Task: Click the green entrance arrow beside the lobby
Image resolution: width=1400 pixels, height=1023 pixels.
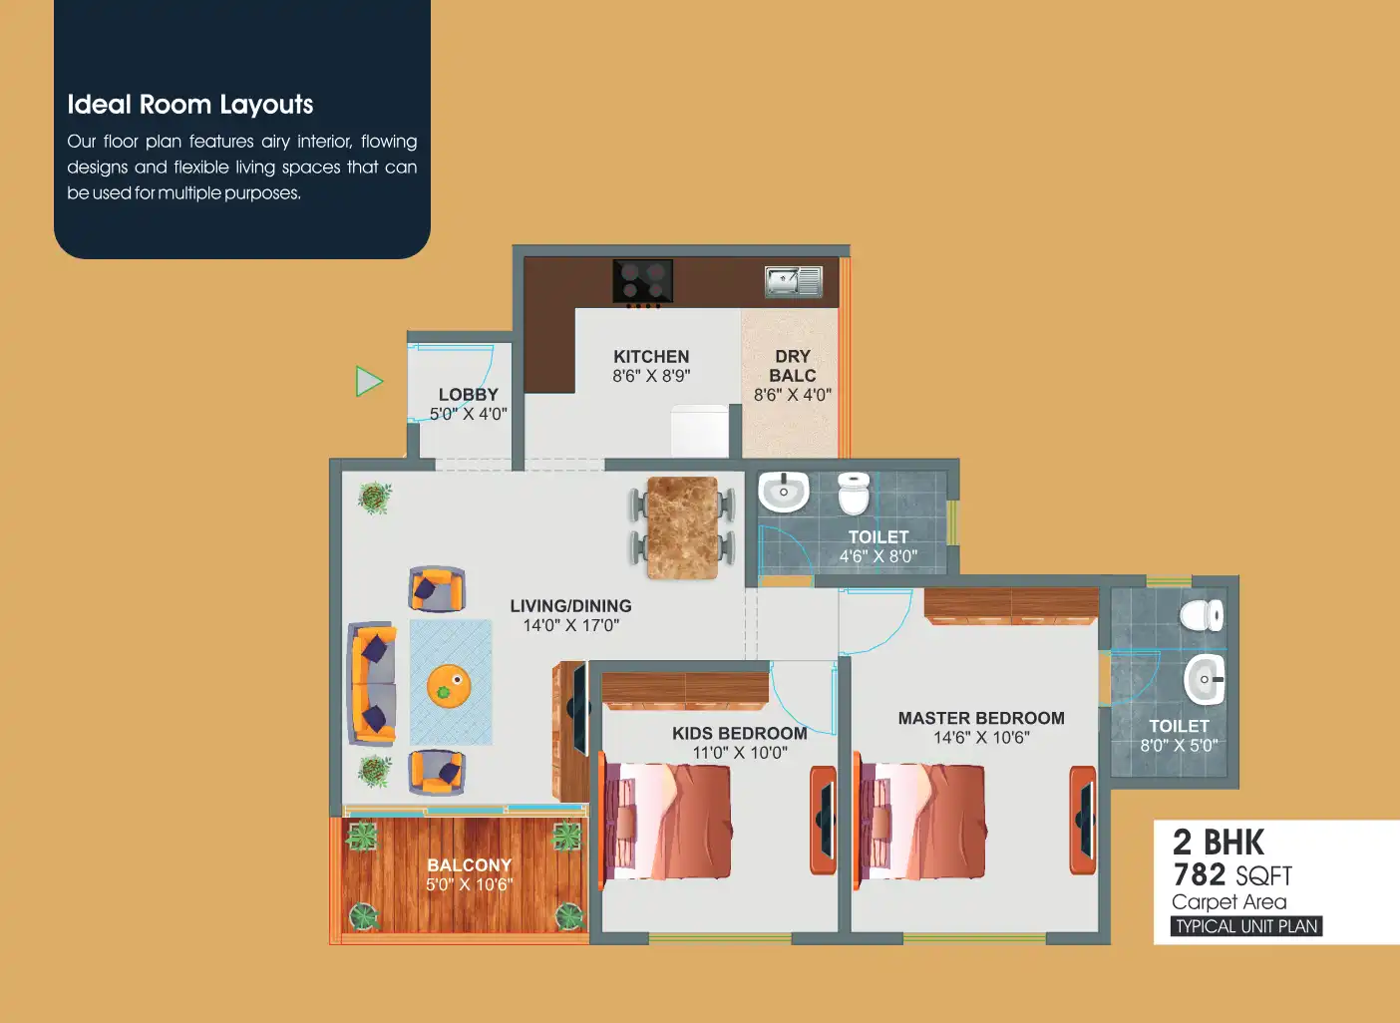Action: pos(368,381)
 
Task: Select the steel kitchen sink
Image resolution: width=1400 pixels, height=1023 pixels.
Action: pos(793,281)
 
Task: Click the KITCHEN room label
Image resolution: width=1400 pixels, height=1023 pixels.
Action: pos(651,356)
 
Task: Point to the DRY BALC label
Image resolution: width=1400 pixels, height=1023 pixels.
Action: pos(793,366)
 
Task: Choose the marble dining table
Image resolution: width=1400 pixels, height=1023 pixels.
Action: pos(682,527)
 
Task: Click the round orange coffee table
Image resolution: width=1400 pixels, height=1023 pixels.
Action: pos(449,686)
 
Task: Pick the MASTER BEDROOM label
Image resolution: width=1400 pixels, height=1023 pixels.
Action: pos(981,718)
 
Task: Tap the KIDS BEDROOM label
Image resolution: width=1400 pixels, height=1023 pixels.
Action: pos(739,733)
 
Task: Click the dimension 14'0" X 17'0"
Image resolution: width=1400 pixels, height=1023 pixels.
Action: pos(571,625)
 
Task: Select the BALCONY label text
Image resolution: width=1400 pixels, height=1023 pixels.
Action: pos(470,864)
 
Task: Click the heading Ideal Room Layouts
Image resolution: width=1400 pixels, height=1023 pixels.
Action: pos(190,105)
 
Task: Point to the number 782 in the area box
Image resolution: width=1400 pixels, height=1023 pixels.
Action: pos(1199,874)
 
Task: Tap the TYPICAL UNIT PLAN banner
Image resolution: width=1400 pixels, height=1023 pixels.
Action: pos(1246,926)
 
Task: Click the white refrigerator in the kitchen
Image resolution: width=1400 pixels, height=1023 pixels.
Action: pos(700,431)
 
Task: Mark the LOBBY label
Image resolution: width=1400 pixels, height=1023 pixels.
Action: pos(468,394)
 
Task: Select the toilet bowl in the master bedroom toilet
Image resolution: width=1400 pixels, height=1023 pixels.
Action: pos(1202,615)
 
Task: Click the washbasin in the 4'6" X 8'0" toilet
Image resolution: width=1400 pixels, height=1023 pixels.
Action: pos(783,492)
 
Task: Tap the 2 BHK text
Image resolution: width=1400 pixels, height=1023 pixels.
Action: pos(1219,842)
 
